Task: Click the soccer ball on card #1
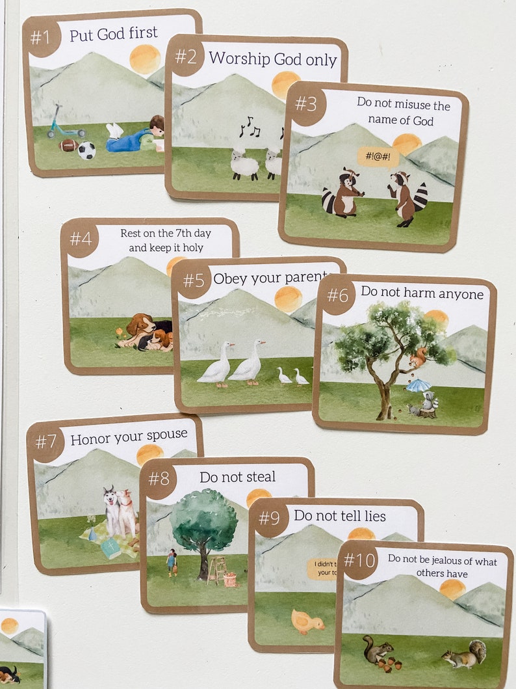click(86, 151)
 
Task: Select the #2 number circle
click(185, 57)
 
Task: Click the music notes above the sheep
click(249, 126)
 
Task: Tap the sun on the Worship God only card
click(285, 85)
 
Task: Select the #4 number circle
click(81, 239)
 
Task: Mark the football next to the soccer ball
click(68, 145)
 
